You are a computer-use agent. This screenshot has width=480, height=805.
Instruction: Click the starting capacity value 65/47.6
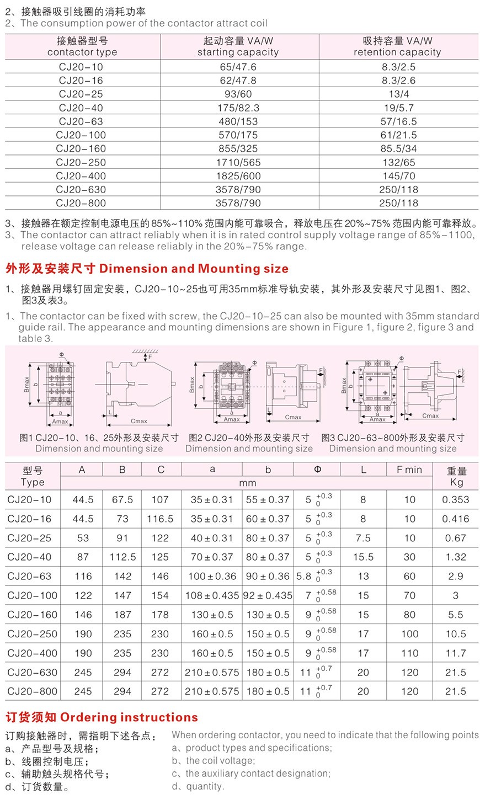[238, 67]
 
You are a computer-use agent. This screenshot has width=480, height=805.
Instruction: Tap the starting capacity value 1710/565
[238, 162]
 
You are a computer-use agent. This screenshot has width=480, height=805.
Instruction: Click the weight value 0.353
[455, 499]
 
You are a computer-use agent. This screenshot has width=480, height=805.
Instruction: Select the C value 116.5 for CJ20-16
[160, 519]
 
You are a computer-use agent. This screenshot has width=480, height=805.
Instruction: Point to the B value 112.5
[122, 557]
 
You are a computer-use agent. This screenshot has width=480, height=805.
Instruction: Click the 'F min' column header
[409, 470]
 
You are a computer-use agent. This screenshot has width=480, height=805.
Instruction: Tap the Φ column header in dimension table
[317, 470]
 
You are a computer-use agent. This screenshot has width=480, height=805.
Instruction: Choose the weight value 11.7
[456, 653]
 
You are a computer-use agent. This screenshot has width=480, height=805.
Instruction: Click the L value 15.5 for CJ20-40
[363, 557]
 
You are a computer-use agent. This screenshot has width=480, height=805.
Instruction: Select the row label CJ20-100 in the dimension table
[33, 595]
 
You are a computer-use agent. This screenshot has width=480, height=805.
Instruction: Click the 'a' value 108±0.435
[212, 595]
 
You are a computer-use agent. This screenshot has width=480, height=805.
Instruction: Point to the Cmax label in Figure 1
[138, 421]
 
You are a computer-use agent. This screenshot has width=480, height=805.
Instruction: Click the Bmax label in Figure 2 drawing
[192, 385]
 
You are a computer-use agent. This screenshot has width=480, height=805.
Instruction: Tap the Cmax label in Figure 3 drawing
[430, 415]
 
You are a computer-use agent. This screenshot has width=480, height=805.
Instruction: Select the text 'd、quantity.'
[198, 786]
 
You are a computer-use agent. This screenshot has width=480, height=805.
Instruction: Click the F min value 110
[409, 653]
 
